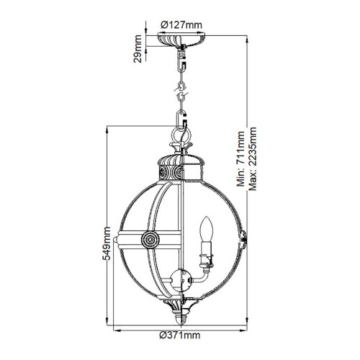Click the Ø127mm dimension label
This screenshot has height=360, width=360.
179,24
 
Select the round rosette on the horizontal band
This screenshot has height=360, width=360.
150,239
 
